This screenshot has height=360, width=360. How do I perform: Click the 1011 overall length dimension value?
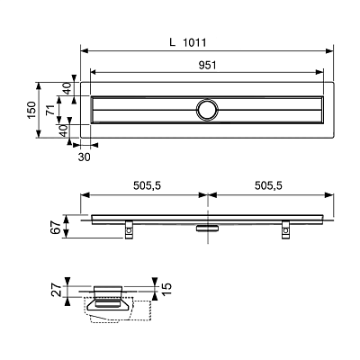(194, 42)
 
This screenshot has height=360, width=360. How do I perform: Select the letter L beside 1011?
(172, 42)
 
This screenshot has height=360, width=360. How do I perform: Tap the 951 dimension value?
(208, 65)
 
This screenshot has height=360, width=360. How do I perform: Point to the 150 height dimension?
(32, 110)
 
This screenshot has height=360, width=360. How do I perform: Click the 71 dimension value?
(50, 110)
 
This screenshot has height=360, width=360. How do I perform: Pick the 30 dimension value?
(85, 157)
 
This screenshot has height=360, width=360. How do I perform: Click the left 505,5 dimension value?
(148, 186)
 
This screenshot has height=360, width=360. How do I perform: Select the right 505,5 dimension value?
(268, 186)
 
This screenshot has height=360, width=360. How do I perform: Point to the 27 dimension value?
(58, 291)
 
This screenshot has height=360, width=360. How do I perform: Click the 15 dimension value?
(166, 288)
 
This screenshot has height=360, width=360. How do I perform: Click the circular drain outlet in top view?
(207, 110)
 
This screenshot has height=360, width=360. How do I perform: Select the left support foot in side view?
(130, 229)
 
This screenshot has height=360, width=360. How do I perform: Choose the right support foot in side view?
(286, 229)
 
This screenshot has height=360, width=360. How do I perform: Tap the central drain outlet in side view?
(208, 229)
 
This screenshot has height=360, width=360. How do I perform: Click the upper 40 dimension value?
(67, 88)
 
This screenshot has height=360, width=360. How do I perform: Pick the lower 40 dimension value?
(63, 131)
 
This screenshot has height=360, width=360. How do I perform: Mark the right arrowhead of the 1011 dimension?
(329, 51)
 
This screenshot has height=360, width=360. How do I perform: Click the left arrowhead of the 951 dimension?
(94, 72)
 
